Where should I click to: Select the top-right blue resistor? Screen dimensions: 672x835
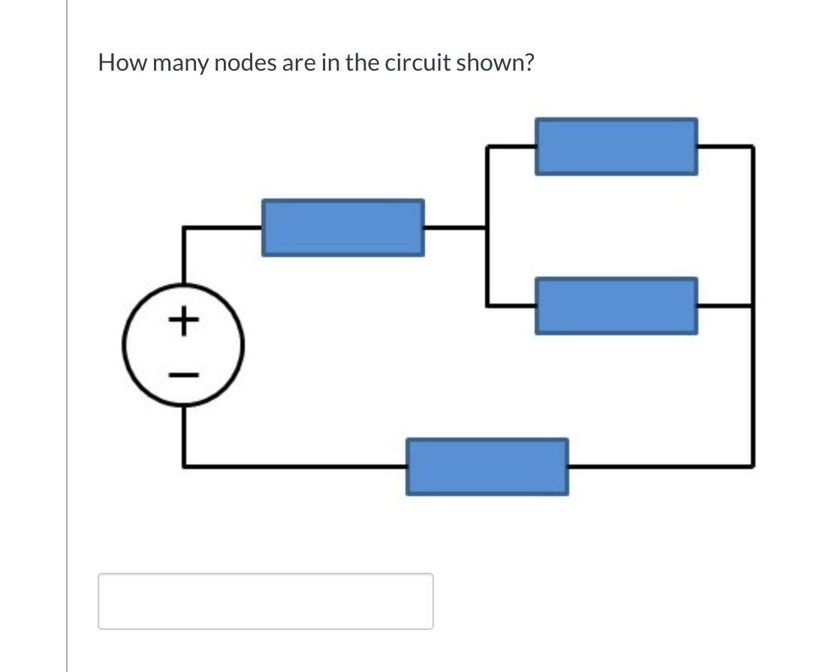616,147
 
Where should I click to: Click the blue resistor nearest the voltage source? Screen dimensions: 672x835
342,227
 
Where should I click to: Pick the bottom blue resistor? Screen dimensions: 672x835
487,467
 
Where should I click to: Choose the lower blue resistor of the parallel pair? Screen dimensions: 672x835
616,306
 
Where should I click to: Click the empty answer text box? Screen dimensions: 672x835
265,601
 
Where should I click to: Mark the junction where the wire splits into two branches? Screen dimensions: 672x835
487,227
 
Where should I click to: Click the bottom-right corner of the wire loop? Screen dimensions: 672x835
752,466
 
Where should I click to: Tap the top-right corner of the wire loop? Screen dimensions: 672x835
752,147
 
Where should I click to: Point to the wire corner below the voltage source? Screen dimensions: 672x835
184,466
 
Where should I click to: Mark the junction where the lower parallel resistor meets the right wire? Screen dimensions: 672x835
752,306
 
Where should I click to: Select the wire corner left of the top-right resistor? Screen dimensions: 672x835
487,147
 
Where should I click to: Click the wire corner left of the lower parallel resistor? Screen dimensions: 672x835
487,306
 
